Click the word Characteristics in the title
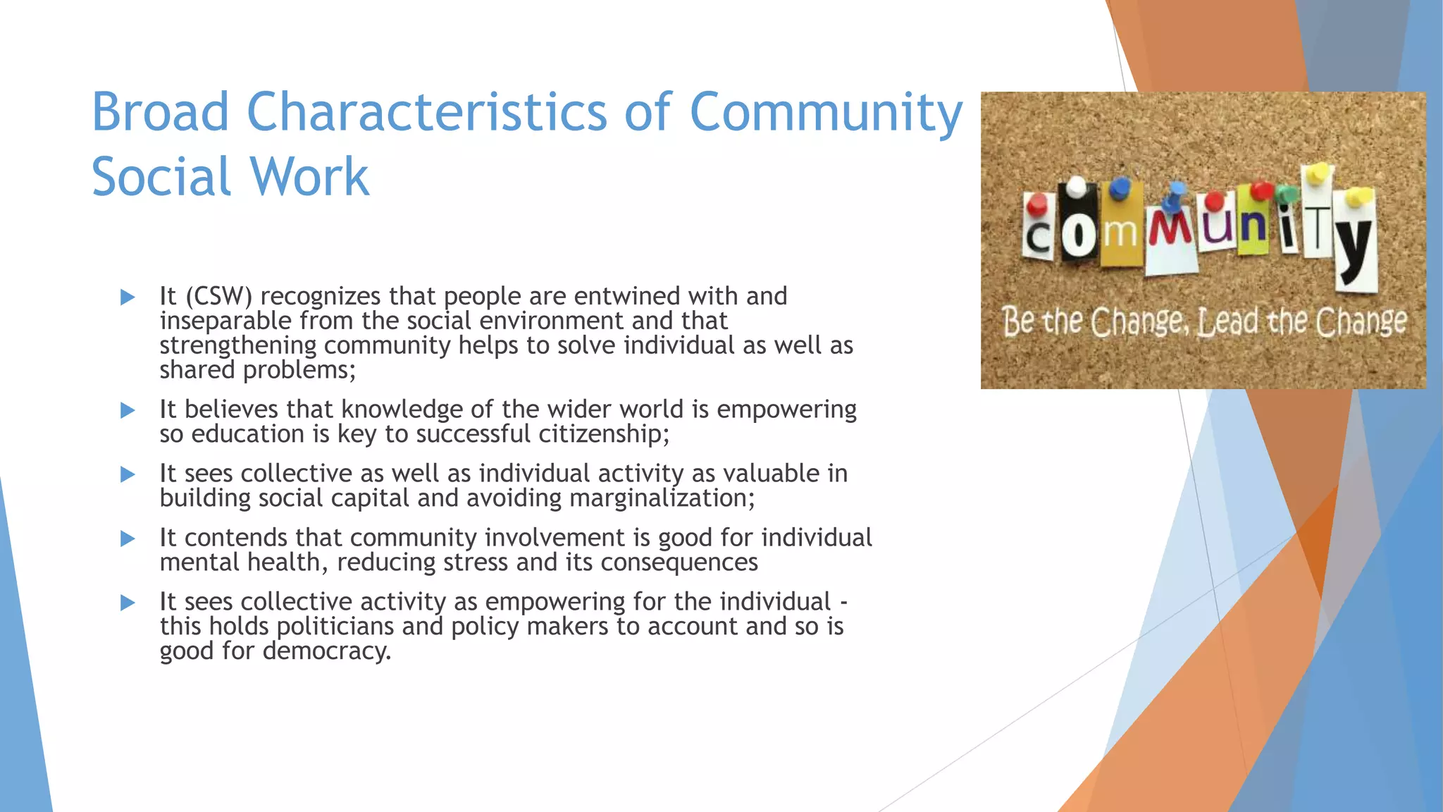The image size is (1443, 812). click(426, 112)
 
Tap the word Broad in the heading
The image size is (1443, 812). click(161, 112)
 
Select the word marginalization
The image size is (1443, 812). click(662, 498)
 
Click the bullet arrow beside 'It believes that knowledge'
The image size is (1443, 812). click(128, 410)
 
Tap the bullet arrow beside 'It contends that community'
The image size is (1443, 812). click(128, 539)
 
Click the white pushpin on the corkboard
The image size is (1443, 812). click(1076, 187)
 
